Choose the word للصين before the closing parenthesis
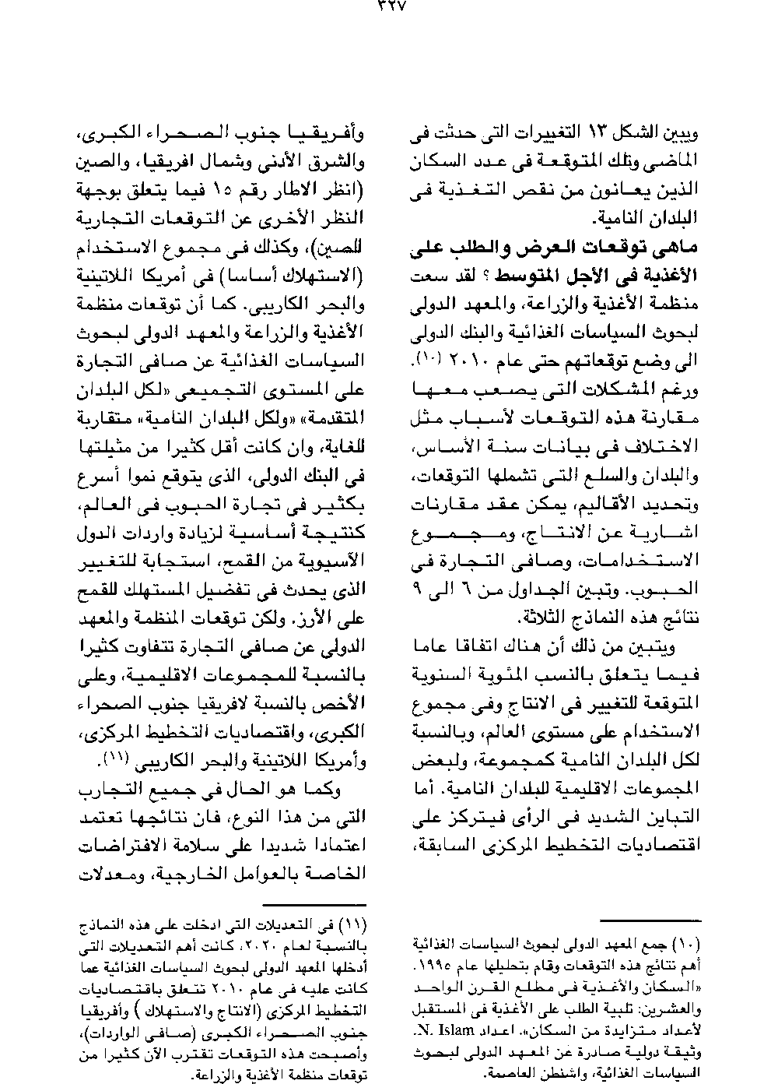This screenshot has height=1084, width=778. (x=342, y=248)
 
